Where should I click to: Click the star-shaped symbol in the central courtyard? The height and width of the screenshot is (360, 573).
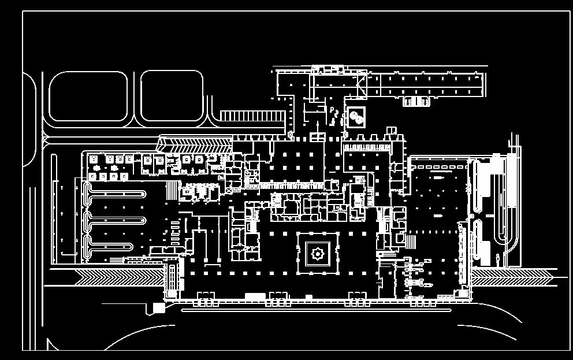pyautogui.click(x=317, y=253)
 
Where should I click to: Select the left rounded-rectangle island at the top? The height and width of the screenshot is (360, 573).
pyautogui.click(x=87, y=96)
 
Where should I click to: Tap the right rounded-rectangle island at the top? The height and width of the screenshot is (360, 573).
pyautogui.click(x=172, y=96)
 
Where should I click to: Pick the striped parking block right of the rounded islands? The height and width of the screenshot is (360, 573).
pyautogui.click(x=252, y=116)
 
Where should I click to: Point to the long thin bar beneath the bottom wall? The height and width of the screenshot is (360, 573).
pyautogui.click(x=316, y=310)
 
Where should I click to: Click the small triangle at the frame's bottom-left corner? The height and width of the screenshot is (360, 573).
pyautogui.click(x=51, y=345)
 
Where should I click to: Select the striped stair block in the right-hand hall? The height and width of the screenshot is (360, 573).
pyautogui.click(x=411, y=240)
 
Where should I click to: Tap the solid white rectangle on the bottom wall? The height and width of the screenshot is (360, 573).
pyautogui.click(x=255, y=296)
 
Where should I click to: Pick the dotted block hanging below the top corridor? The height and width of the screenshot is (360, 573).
pyautogui.click(x=416, y=102)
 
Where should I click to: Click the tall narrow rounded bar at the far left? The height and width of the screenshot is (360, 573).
pyautogui.click(x=54, y=202)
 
